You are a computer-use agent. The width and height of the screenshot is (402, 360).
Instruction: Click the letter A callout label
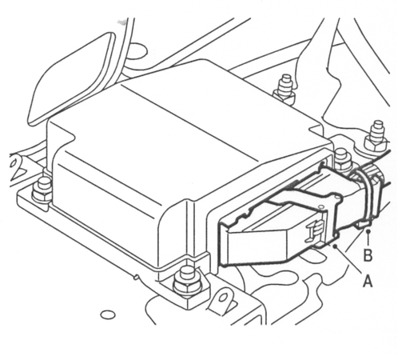[x=368, y=282]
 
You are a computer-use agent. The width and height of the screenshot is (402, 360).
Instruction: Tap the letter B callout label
[x=368, y=255]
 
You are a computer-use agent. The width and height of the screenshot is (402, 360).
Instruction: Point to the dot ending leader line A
[x=336, y=246]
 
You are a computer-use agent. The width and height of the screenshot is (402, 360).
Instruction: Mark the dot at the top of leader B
[x=368, y=231]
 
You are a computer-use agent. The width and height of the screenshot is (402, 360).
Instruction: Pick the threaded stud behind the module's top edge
[x=285, y=90]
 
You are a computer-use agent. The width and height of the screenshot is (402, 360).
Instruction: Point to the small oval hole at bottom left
[x=108, y=314]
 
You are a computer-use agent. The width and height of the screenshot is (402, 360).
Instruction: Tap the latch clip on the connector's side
[x=316, y=230]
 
